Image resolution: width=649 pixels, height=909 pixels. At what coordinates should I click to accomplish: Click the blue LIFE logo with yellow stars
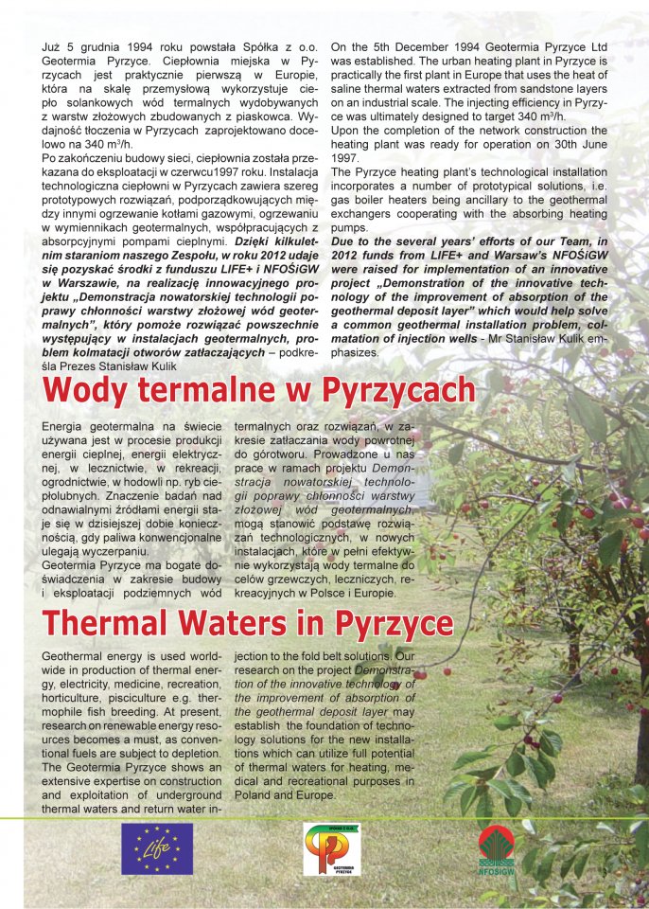(x=156, y=848)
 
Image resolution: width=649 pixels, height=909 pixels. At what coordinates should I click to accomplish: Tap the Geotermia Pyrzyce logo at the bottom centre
(x=331, y=849)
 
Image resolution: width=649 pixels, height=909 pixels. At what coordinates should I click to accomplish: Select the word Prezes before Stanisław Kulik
(x=84, y=366)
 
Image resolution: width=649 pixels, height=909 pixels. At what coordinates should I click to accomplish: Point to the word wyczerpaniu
(x=115, y=550)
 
